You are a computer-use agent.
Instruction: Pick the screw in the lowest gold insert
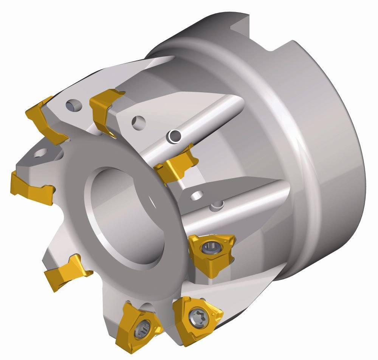(143, 328)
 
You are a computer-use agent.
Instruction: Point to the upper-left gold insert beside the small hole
(42, 117)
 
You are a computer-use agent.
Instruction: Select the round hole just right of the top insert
(138, 122)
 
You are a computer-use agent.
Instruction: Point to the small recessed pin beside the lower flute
(217, 205)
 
